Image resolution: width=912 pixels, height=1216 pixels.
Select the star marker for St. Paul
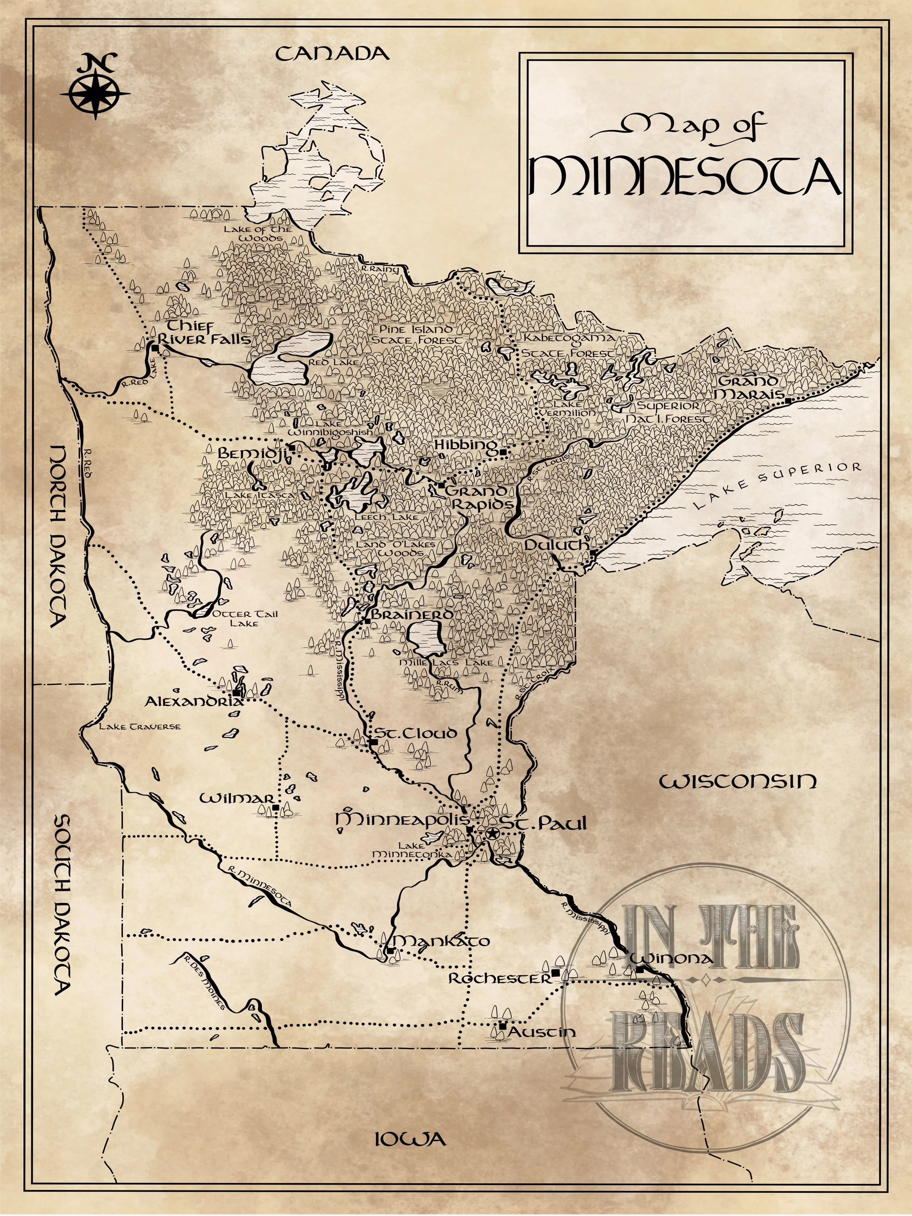pyautogui.click(x=491, y=833)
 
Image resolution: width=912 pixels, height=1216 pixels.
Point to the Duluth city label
pyautogui.click(x=556, y=544)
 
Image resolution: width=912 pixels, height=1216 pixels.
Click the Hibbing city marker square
pyautogui.click(x=502, y=452)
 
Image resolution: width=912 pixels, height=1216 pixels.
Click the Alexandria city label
pyautogui.click(x=193, y=702)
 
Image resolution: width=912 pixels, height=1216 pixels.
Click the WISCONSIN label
pyautogui.click(x=738, y=781)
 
